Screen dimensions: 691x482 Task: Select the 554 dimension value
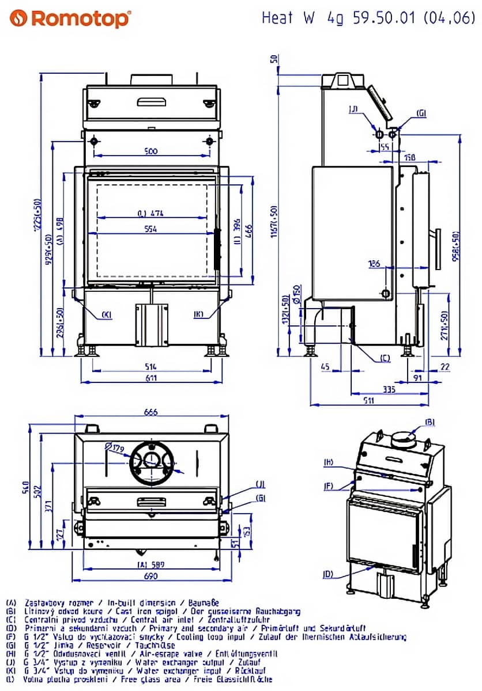pos(150,229)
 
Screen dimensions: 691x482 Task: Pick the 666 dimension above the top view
pos(150,412)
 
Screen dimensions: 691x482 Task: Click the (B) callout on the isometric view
pos(430,422)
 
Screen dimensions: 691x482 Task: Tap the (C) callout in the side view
pos(385,358)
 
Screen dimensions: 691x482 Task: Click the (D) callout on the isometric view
pos(328,574)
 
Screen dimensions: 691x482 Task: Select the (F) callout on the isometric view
pos(328,487)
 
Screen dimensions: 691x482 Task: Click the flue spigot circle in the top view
pos(152,460)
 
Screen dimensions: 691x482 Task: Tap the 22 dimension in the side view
pos(445,366)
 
